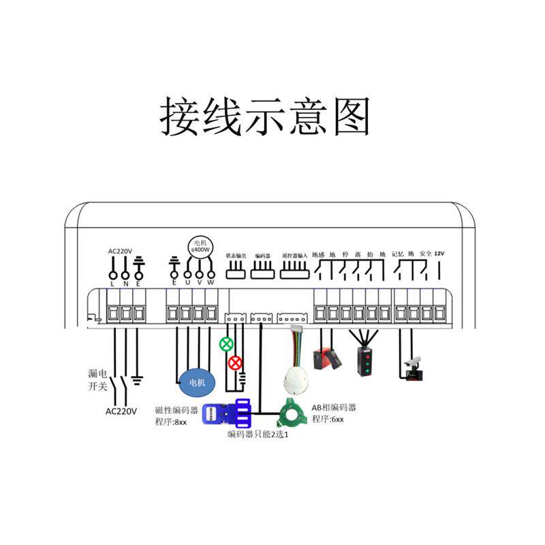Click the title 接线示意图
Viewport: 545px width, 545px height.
point(266,116)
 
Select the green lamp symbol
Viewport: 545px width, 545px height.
point(225,344)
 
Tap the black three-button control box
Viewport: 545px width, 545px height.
point(365,362)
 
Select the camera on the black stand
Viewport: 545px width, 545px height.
point(412,368)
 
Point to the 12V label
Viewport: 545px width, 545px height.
point(439,253)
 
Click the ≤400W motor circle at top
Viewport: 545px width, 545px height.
point(200,246)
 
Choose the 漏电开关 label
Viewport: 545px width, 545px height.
point(98,379)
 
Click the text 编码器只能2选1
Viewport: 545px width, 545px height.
point(258,433)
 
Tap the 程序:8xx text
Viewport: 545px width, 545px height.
point(171,421)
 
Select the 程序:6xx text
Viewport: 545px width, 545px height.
point(328,418)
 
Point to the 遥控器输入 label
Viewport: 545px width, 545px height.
point(295,256)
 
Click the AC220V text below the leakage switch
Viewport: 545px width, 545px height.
point(121,411)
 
